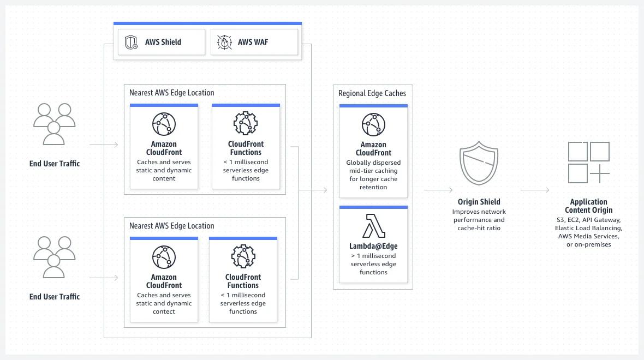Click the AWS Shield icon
pyautogui.click(x=131, y=42)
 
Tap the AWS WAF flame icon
pyautogui.click(x=224, y=42)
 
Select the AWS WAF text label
pyautogui.click(x=253, y=42)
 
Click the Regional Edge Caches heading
pyautogui.click(x=372, y=93)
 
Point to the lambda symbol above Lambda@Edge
pyautogui.click(x=374, y=226)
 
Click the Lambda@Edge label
pyautogui.click(x=373, y=246)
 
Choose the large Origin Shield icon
pyautogui.click(x=479, y=164)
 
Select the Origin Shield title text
pyautogui.click(x=479, y=202)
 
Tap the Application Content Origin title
pyautogui.click(x=588, y=206)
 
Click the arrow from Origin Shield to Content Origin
pyautogui.click(x=535, y=190)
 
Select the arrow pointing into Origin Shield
pyautogui.click(x=438, y=190)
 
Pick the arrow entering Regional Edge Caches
pyautogui.click(x=314, y=190)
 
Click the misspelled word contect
pyautogui.click(x=164, y=311)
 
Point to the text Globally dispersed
pyautogui.click(x=373, y=163)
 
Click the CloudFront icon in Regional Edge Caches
pyautogui.click(x=373, y=125)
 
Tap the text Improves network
pyautogui.click(x=479, y=212)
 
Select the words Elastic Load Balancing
pyautogui.click(x=588, y=228)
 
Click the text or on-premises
pyautogui.click(x=588, y=244)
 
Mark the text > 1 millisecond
pyautogui.click(x=373, y=256)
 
